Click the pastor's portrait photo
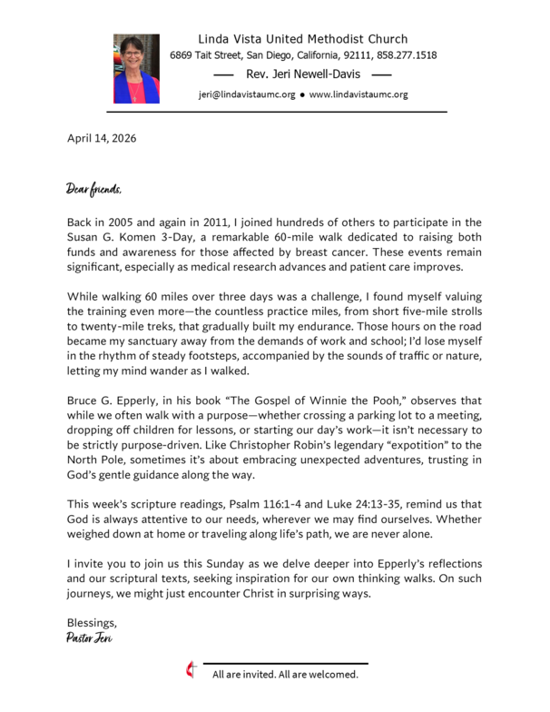(136, 69)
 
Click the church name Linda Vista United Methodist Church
(303, 39)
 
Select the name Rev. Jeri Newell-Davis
(303, 74)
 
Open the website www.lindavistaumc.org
(358, 94)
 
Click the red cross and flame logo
(191, 672)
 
